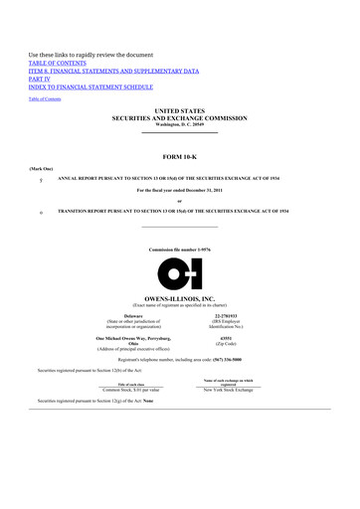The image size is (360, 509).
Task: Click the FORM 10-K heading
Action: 180,155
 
